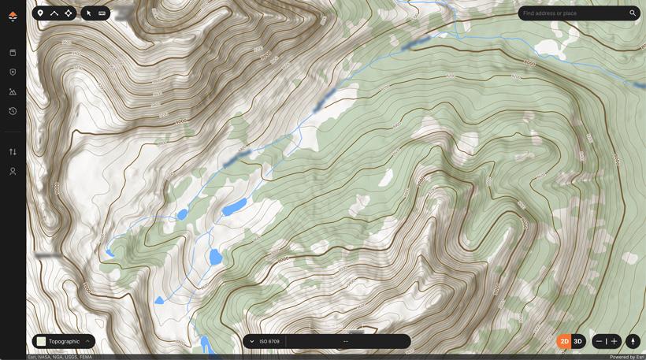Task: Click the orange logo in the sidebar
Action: point(13,16)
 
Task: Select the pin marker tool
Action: point(40,13)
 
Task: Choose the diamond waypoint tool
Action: point(69,13)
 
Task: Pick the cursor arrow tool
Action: point(89,13)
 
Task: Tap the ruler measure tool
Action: point(102,13)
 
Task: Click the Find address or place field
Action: point(571,13)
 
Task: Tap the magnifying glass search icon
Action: point(633,13)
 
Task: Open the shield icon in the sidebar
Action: point(13,72)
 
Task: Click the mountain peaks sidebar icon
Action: point(13,92)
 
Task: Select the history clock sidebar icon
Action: point(13,111)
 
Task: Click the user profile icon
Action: point(13,171)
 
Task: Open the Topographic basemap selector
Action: point(64,341)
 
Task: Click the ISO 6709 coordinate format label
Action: point(269,341)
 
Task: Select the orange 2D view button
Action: point(564,341)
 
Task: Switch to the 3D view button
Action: point(577,341)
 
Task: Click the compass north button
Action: point(632,341)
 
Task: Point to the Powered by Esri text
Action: point(626,357)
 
